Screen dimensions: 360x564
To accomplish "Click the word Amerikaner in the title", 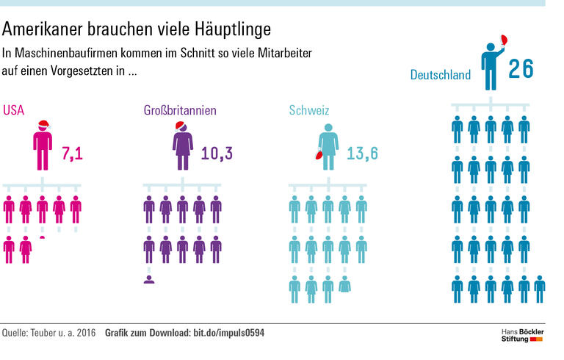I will [x=40, y=30].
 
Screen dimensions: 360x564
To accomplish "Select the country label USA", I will [x=13, y=111].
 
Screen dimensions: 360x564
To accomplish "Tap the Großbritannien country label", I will [x=179, y=111].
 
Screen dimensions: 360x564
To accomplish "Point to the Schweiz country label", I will [x=308, y=111].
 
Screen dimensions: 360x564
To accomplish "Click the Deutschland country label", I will [x=440, y=74].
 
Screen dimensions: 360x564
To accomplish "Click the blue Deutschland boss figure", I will [x=490, y=66].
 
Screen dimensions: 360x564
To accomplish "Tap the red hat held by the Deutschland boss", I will [x=505, y=40].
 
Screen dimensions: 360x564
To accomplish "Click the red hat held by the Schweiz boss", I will [x=316, y=155].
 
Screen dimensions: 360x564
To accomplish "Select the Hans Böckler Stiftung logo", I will [x=522, y=334].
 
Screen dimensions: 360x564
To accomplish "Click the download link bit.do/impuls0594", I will [x=228, y=334].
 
